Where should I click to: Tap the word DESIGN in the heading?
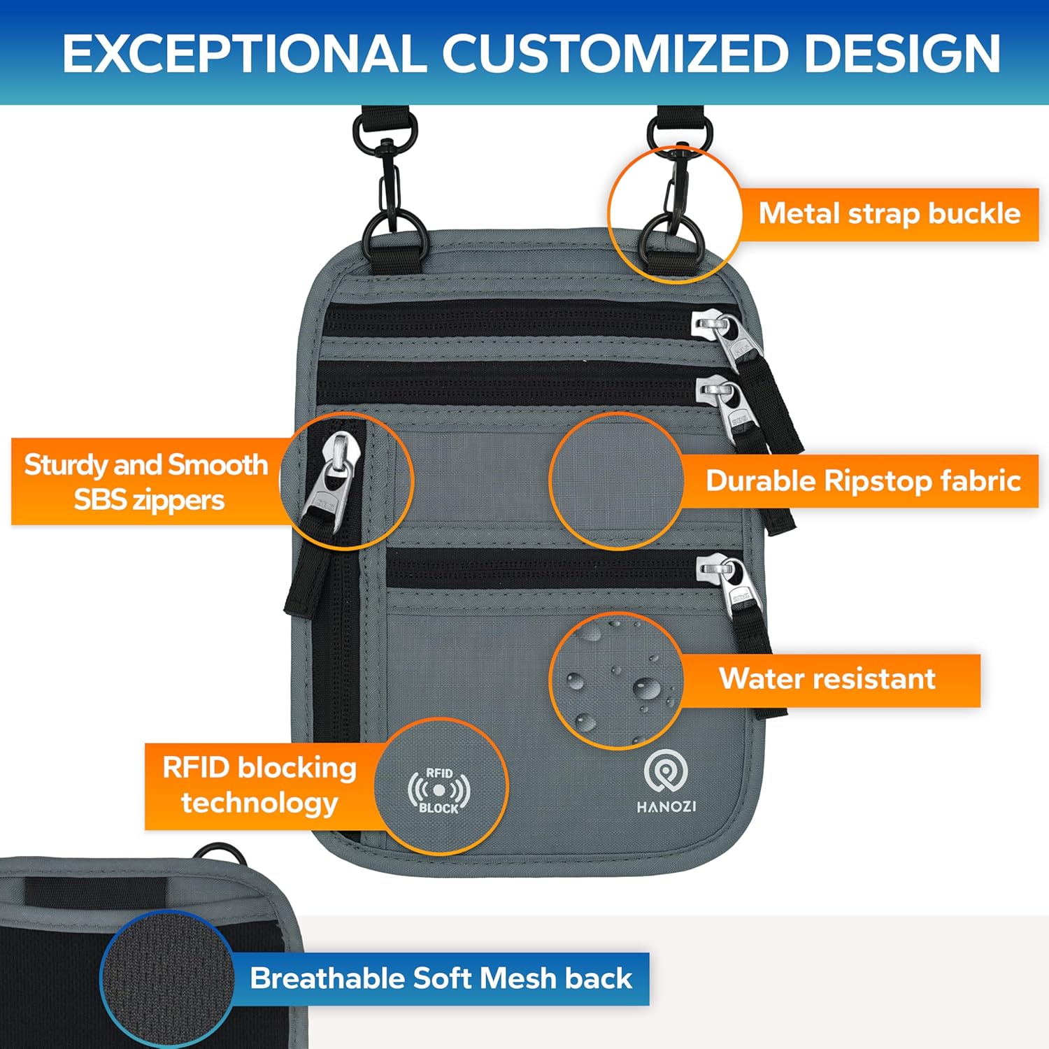coord(902,53)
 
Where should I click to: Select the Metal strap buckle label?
coord(889,213)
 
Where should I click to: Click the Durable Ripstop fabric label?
coord(863,481)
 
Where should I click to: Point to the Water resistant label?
coord(827,679)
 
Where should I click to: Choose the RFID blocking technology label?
coord(259,785)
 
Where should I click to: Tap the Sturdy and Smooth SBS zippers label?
coord(146,482)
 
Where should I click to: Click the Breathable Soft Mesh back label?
coord(441,978)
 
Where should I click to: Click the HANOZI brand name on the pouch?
coord(666,807)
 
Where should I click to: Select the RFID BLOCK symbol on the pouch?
coord(439,790)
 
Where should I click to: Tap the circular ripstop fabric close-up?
coord(616,480)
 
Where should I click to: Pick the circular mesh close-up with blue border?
coord(167,978)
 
